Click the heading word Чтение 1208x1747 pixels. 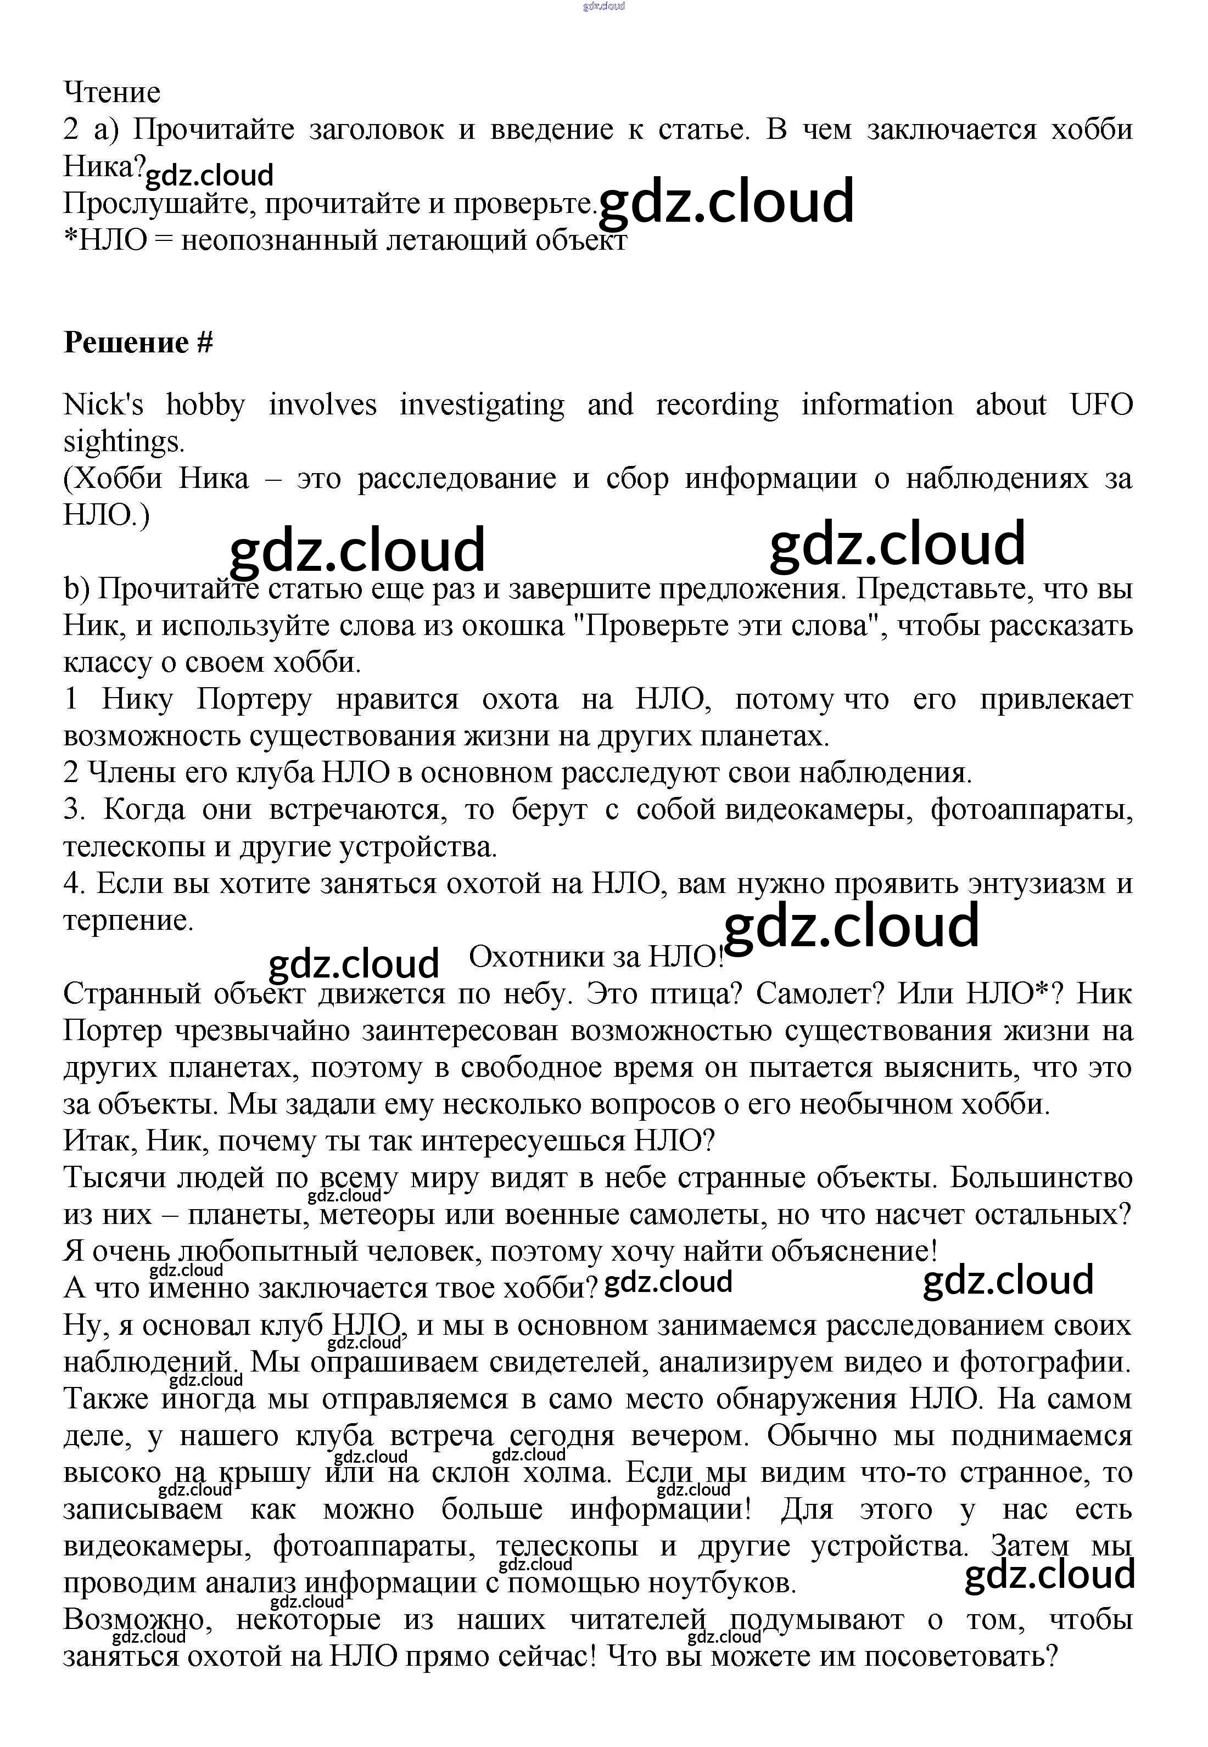112,92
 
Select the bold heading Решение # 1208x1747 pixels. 138,342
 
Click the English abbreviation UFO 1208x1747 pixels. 1101,405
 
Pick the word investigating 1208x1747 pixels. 482,405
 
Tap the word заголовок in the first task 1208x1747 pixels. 376,130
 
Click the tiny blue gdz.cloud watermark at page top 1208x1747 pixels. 603,6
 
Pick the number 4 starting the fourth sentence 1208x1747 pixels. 71,883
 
